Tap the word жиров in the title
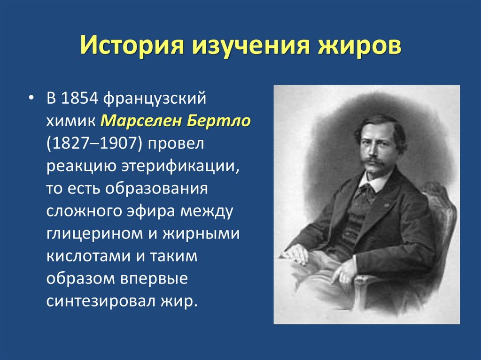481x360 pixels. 353,47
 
